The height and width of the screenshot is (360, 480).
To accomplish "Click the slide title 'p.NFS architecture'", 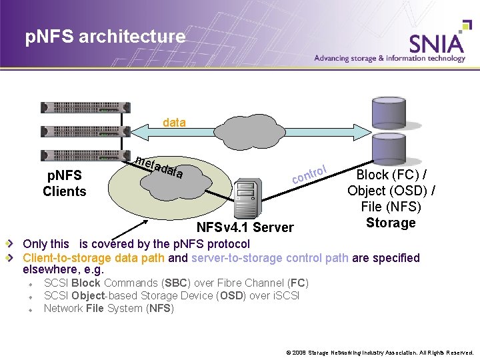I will [105, 37].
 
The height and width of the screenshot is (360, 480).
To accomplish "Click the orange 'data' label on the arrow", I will [175, 123].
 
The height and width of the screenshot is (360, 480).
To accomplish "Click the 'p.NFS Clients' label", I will [65, 183].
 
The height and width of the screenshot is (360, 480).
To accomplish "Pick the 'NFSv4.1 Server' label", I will [245, 227].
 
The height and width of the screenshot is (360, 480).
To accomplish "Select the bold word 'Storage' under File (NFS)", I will [391, 223].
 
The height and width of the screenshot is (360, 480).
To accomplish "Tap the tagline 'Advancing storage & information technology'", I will [389, 59].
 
